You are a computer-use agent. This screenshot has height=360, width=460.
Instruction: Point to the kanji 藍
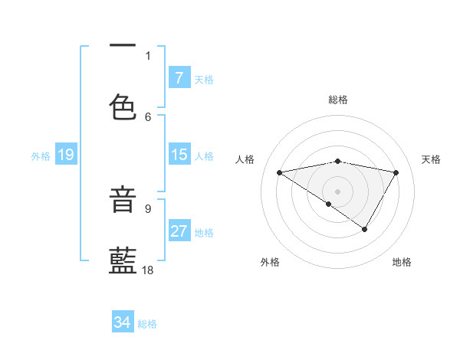123,262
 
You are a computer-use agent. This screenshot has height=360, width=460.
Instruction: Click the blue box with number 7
179,78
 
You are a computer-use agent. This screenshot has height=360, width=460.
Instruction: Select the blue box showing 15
179,155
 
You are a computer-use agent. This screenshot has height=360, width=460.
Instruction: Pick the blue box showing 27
179,231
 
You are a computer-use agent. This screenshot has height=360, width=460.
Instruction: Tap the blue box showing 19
65,155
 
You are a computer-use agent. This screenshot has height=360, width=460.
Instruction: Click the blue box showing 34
122,322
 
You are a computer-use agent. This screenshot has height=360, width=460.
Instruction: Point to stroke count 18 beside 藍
148,270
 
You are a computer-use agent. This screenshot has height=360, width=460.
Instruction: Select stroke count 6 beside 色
148,116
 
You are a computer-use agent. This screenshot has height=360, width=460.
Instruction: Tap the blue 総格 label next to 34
147,324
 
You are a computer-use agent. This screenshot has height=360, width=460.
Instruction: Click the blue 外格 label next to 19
41,155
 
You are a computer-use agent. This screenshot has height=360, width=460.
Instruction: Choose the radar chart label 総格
338,100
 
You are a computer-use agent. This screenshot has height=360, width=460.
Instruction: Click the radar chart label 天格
431,159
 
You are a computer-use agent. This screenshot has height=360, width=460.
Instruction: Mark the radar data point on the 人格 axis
279,172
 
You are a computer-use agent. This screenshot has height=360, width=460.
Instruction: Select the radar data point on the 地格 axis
365,229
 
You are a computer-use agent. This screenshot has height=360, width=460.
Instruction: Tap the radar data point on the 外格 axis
329,204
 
